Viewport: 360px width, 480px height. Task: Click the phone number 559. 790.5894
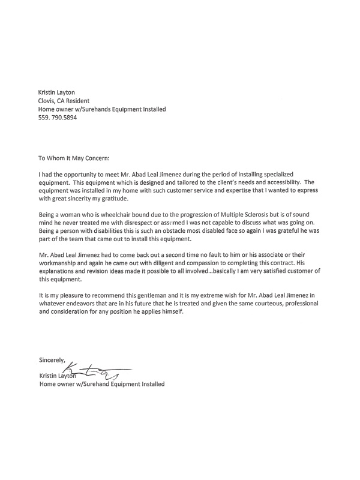(62, 119)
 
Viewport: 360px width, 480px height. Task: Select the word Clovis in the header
(49, 101)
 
